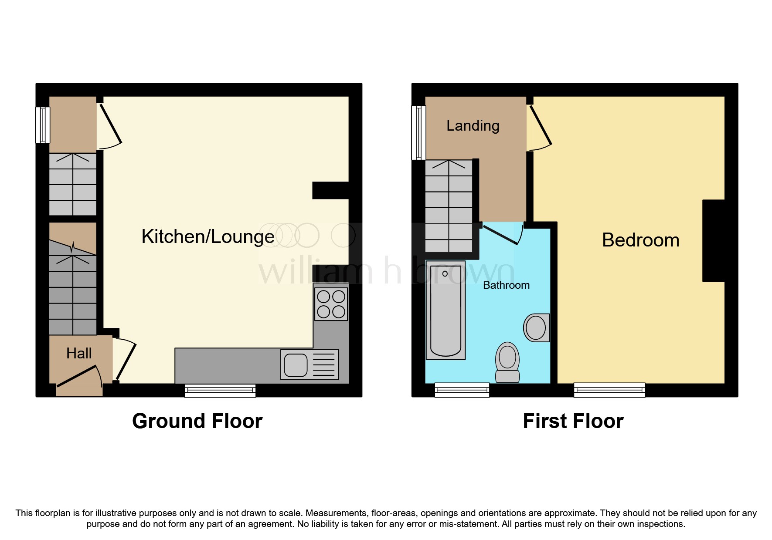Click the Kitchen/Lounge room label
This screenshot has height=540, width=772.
click(208, 237)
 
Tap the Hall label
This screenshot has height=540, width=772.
click(79, 353)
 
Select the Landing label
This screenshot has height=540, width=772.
click(473, 126)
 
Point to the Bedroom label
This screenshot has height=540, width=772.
click(640, 240)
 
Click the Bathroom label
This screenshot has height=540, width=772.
click(506, 285)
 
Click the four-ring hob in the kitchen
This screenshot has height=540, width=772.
click(331, 304)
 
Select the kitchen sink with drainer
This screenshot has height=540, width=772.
click(309, 364)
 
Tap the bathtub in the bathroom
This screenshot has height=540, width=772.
click(446, 310)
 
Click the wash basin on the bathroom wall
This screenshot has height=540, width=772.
click(537, 327)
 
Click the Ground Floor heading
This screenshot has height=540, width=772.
click(197, 421)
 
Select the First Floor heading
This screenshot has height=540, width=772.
click(573, 421)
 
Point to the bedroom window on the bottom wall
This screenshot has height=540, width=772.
click(609, 390)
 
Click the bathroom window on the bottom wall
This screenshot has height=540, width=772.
click(462, 390)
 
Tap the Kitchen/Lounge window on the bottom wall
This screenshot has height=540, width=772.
click(220, 391)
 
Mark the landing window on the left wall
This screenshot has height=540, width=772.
click(419, 132)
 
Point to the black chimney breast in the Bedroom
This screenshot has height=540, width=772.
click(714, 240)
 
